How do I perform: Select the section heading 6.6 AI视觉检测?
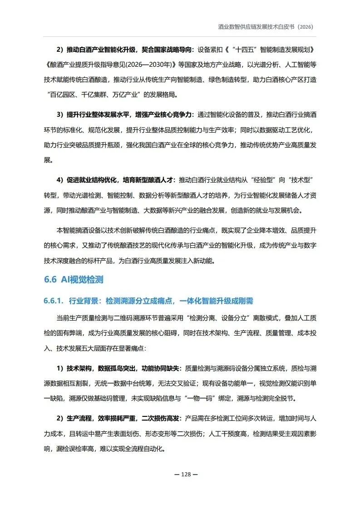click(x=74, y=280)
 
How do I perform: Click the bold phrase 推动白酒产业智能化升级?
click(x=103, y=49)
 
